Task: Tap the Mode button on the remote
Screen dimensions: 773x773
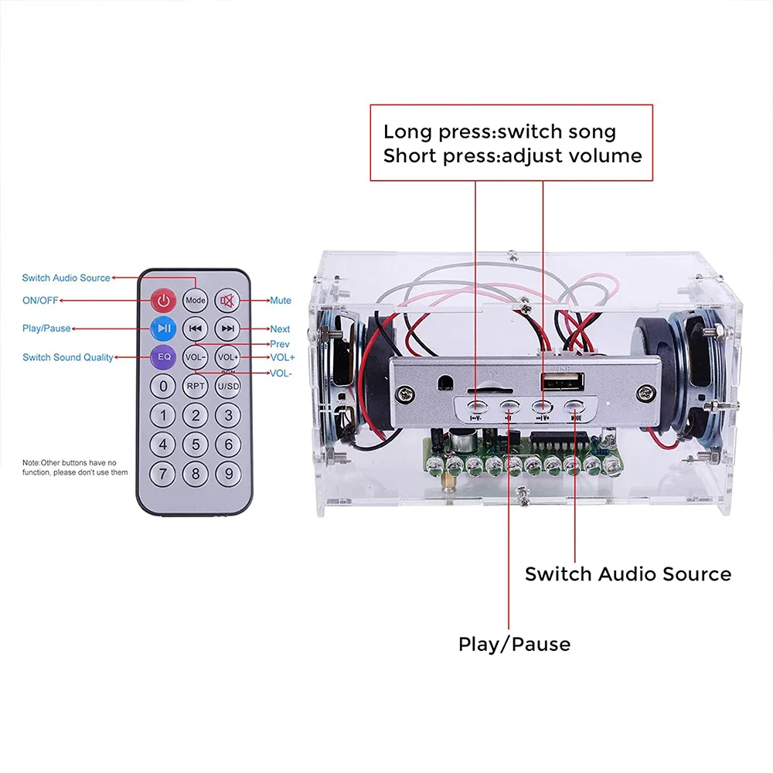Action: [x=196, y=300]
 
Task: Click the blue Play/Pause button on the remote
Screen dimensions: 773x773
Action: [x=163, y=329]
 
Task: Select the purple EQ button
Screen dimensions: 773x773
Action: [x=163, y=357]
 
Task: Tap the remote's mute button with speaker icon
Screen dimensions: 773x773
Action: [x=228, y=300]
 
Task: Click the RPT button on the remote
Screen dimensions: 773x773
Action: [x=196, y=386]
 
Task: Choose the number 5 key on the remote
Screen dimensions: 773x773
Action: [x=196, y=444]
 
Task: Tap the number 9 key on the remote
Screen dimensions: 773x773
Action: [x=228, y=472]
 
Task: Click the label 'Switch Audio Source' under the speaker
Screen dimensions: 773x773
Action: [x=628, y=574]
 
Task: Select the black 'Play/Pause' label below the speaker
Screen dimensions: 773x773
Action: [x=514, y=644]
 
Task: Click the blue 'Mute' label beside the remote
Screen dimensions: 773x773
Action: [x=280, y=301]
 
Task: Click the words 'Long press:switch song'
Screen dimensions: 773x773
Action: [x=499, y=131]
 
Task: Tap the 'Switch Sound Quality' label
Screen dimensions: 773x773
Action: [x=67, y=357]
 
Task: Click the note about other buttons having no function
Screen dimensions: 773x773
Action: [x=75, y=467]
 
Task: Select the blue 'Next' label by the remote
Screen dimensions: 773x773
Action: [x=280, y=329]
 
